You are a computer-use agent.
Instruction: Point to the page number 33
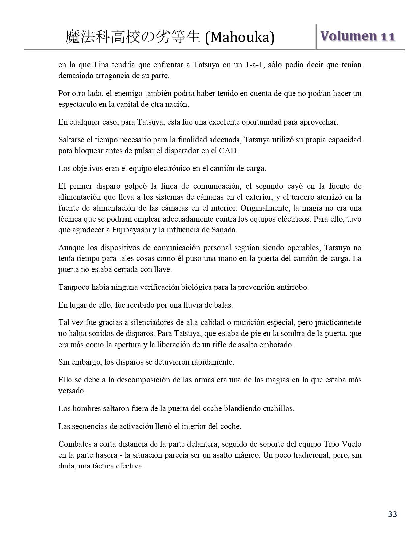tap(392, 514)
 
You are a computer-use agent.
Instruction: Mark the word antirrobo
tap(293, 287)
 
